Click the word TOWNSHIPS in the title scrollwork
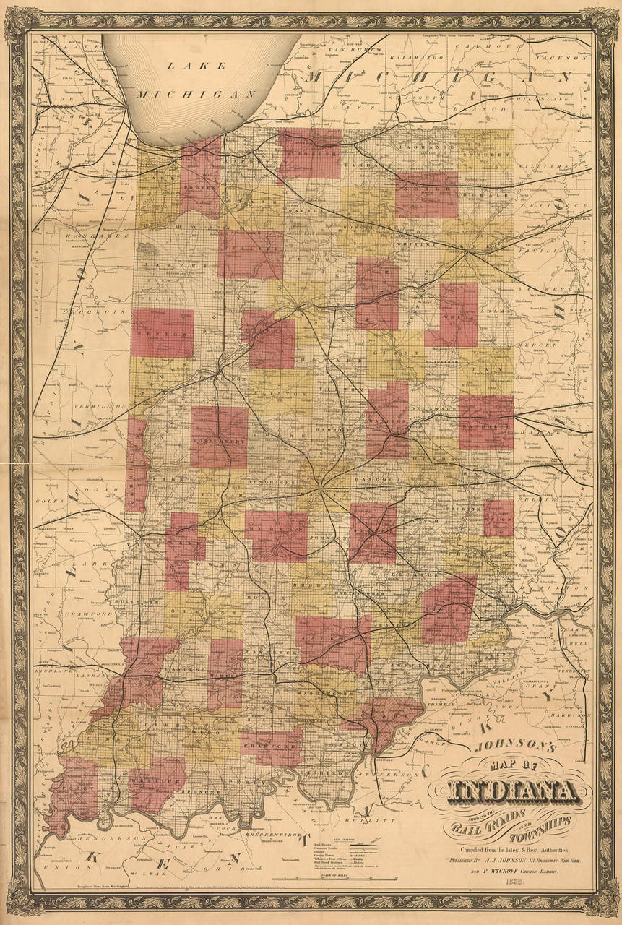(533, 825)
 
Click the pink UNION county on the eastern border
(498, 519)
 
